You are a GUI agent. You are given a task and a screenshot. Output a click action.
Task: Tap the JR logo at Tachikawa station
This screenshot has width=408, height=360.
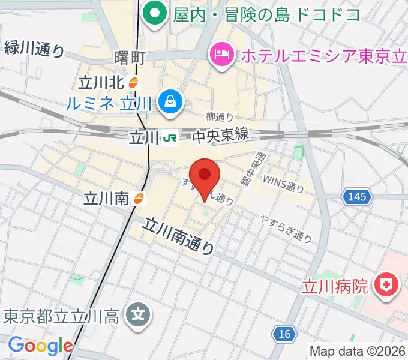coord(170,138)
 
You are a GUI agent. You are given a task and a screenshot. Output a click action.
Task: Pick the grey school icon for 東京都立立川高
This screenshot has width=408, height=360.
coord(139,314)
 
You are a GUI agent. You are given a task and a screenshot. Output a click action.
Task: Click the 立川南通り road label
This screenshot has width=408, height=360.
coord(179,235)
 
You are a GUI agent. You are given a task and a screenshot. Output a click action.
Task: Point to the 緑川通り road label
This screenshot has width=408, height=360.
coord(34,49)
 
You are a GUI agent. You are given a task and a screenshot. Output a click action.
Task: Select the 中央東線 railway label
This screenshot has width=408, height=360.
coord(220,137)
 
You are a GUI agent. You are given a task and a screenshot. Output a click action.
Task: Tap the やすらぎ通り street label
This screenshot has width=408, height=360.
coord(286,228)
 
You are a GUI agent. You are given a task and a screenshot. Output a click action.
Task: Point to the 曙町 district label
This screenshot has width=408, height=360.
coord(130,58)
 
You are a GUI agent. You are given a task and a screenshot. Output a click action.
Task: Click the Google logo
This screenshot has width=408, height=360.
coord(41,345)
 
